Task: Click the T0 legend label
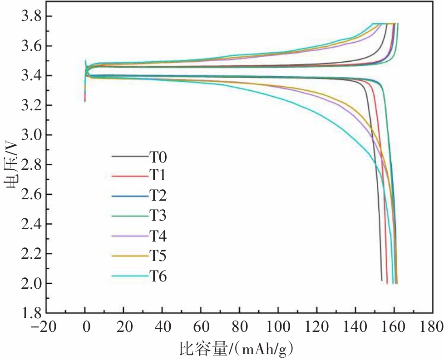click(158, 157)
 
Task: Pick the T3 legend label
click(158, 216)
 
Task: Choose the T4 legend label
click(158, 236)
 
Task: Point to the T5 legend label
click(158, 256)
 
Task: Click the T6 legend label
click(158, 276)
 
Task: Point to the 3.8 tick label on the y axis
click(32, 16)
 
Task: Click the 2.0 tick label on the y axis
click(32, 284)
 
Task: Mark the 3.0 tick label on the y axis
click(32, 135)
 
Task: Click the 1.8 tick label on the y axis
click(32, 313)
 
